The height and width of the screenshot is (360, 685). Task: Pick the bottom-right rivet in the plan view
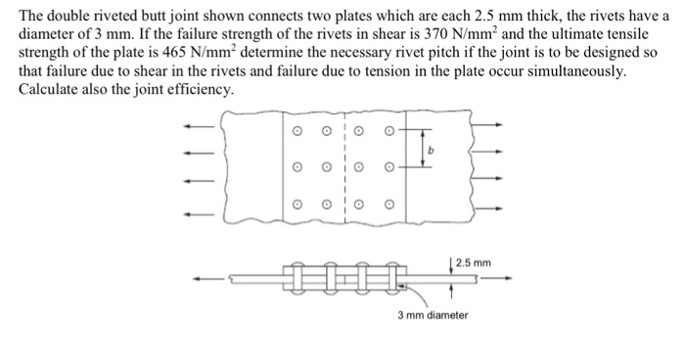point(388,205)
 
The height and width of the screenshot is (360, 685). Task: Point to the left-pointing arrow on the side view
point(205,279)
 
